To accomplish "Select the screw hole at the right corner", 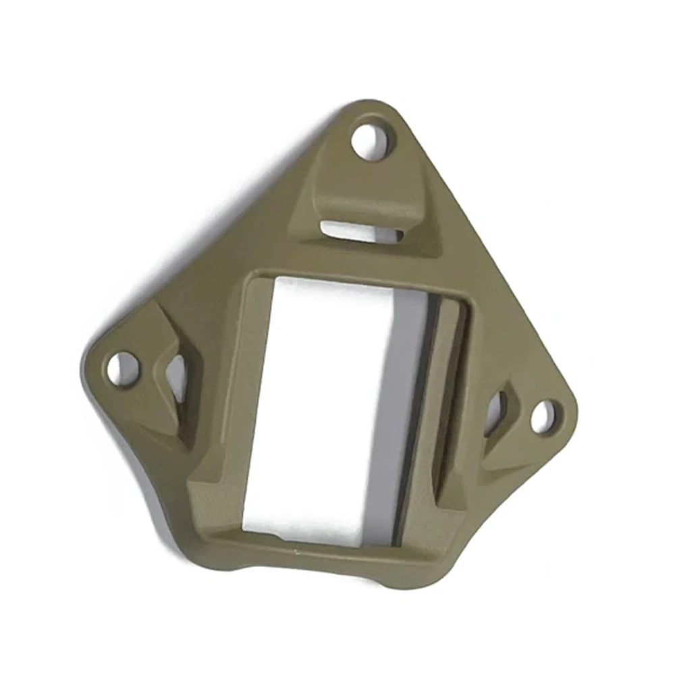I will click(546, 416).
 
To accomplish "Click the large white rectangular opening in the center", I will click(324, 405).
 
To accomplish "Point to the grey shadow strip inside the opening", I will click(398, 405).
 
